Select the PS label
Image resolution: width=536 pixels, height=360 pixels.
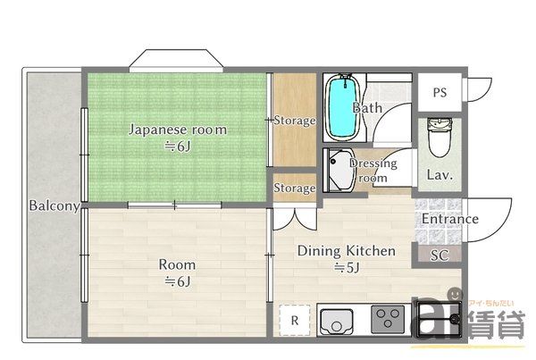click(440, 92)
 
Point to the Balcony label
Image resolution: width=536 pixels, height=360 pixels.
click(54, 205)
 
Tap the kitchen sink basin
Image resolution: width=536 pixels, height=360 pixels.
click(337, 320)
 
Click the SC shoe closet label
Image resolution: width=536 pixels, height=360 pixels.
click(439, 255)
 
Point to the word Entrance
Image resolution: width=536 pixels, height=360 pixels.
click(449, 219)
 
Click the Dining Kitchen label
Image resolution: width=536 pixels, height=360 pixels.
click(346, 251)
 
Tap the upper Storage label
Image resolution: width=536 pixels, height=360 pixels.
click(294, 121)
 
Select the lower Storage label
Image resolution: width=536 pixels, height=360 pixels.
click(294, 188)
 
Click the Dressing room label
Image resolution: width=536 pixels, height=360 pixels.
click(373, 171)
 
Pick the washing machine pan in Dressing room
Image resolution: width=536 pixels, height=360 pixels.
click(340, 170)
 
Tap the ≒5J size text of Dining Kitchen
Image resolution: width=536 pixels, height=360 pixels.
click(346, 267)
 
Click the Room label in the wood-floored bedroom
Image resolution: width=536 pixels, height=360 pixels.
click(177, 265)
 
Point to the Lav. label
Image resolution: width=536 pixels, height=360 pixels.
click(439, 175)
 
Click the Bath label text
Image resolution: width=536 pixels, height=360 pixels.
click(367, 108)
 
